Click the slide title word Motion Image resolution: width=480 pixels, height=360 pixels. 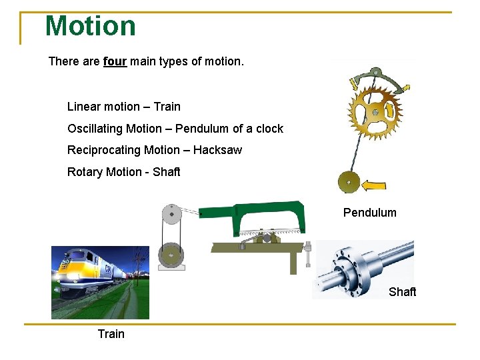(90, 26)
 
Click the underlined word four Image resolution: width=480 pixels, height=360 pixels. (115, 62)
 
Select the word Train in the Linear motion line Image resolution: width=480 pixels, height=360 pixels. (167, 107)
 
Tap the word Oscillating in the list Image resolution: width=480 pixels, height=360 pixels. (95, 129)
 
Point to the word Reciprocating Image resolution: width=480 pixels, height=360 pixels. (105, 150)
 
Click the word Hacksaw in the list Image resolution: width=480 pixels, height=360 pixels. (217, 150)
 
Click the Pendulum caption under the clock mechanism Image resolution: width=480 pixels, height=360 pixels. (369, 213)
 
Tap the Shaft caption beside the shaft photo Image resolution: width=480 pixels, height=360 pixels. (402, 291)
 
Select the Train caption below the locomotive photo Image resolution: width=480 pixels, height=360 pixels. (111, 333)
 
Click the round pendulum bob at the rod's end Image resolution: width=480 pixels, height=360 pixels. (349, 181)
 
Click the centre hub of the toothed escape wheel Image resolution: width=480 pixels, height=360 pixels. (375, 112)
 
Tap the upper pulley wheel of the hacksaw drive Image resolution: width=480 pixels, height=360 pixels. (173, 213)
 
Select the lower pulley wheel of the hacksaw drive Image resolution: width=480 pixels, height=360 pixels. (172, 255)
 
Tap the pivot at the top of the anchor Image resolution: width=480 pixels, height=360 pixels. (375, 71)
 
